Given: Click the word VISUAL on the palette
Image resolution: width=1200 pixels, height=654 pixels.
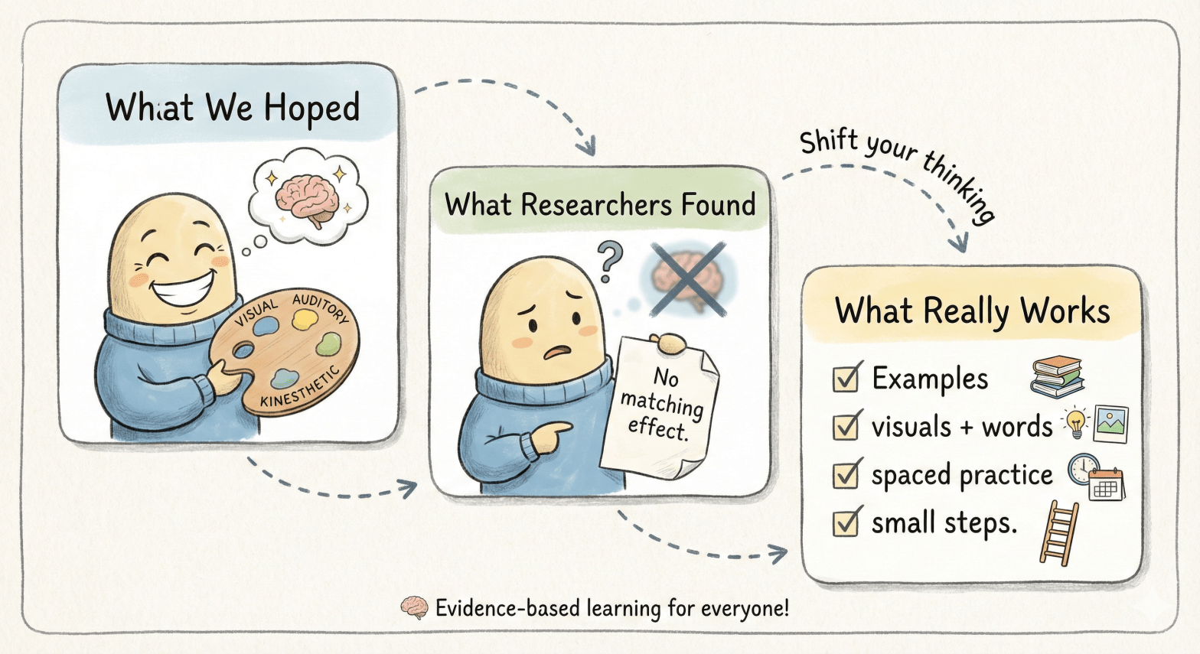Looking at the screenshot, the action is tap(256, 312).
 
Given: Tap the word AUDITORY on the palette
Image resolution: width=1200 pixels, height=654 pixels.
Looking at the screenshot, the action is tap(321, 308).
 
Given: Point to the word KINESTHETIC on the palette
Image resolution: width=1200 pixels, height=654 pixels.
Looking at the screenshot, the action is tap(300, 387).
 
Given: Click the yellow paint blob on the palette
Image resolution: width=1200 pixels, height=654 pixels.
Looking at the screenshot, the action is tap(305, 320).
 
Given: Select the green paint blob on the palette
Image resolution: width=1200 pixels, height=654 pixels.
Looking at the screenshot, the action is tap(328, 344).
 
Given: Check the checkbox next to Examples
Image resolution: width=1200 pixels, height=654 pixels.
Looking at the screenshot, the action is tap(846, 378).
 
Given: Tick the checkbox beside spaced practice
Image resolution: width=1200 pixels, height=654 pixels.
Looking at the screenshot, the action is tap(846, 474).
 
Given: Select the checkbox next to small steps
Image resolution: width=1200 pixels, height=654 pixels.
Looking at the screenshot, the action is tap(846, 522).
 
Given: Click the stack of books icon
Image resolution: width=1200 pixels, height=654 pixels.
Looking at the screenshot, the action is tap(1057, 377).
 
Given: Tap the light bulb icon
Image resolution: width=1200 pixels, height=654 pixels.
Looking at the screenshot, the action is tap(1074, 423).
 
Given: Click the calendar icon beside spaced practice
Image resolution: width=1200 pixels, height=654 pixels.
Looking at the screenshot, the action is tap(1107, 485).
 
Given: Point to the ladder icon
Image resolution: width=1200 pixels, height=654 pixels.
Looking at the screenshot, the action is tap(1059, 533).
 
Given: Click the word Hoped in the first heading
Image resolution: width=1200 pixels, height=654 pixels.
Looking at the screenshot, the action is tap(311, 109).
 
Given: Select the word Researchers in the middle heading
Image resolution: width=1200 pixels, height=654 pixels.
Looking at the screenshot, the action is tap(596, 204).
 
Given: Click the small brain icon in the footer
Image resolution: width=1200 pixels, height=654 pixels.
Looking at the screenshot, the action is tap(414, 608).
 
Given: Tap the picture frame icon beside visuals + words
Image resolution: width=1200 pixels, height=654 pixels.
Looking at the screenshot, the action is tap(1110, 425).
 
